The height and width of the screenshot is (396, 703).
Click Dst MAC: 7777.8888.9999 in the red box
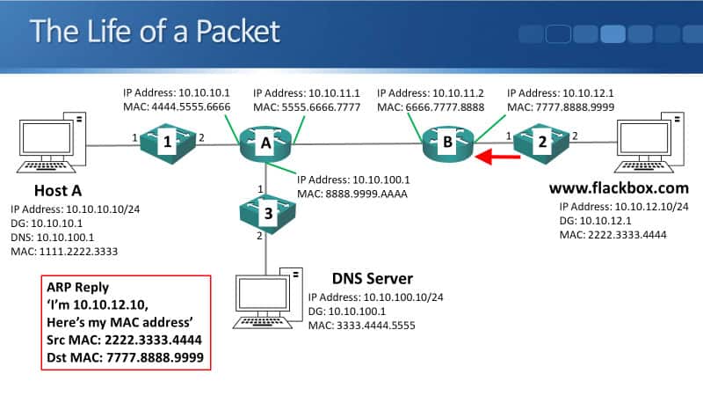[127, 358]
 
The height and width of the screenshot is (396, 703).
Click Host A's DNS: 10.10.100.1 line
[54, 237]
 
